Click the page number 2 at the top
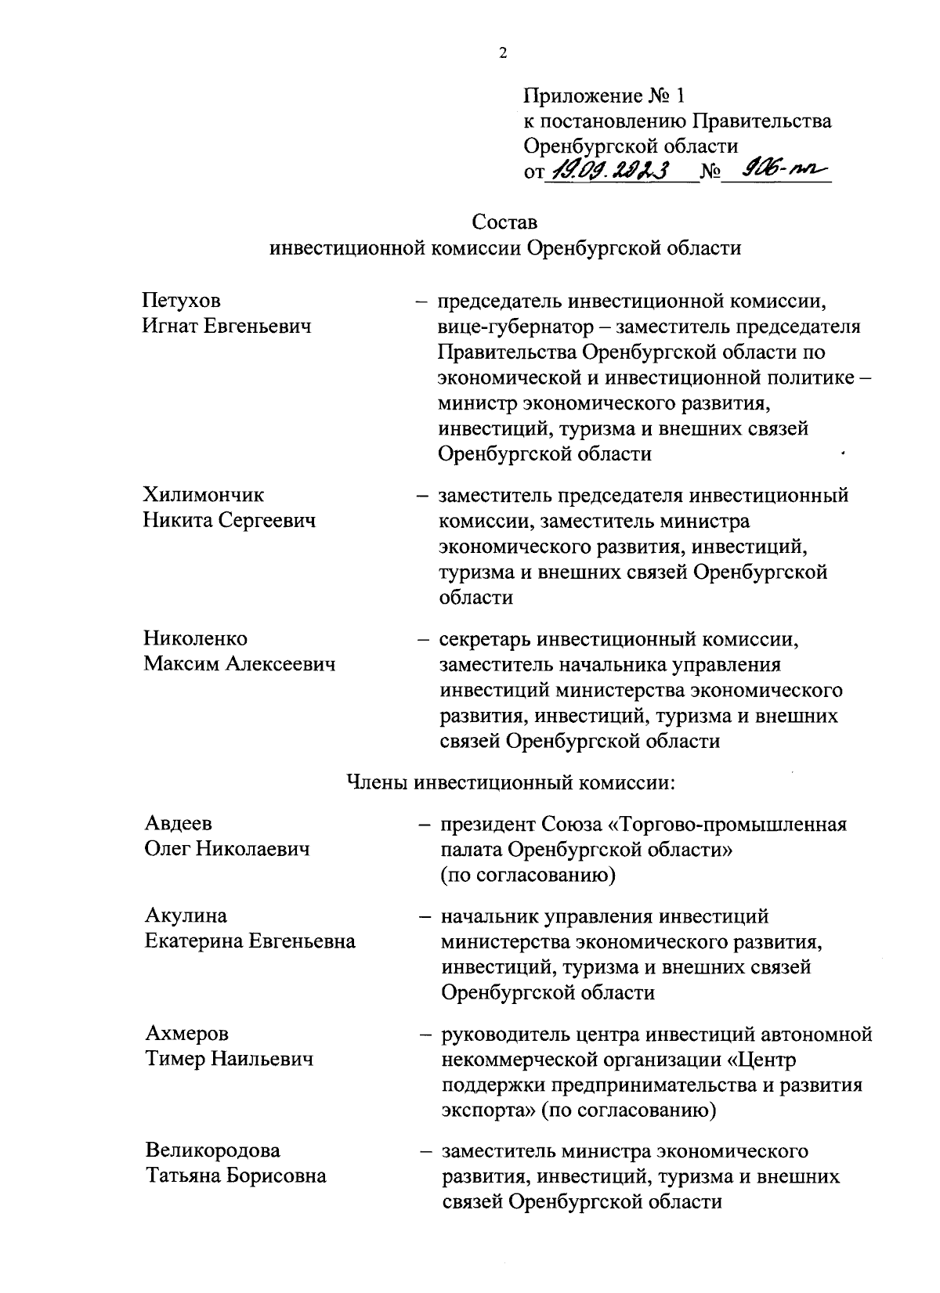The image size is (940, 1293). (502, 53)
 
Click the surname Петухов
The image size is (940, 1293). (181, 300)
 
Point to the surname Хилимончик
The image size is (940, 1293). (203, 495)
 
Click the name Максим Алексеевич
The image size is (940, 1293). (239, 664)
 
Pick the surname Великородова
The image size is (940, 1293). (213, 1150)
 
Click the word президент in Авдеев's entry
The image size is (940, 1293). (487, 825)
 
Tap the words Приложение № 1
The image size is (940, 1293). (604, 96)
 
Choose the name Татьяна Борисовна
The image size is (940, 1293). (236, 1176)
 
